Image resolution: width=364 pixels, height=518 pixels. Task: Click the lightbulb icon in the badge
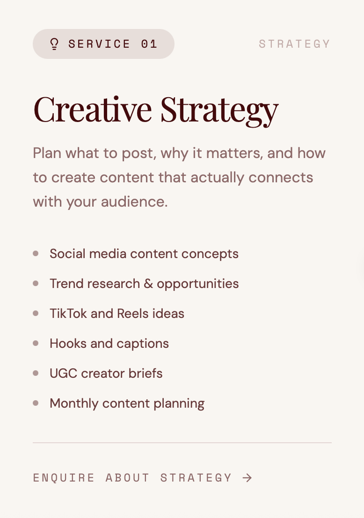54,44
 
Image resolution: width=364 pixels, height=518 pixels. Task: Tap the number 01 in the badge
149,44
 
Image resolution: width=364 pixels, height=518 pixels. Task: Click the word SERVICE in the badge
99,44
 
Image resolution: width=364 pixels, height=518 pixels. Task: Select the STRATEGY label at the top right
295,44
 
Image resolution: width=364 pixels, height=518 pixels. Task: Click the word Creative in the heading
93,109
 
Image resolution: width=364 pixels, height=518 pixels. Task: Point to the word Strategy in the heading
219,111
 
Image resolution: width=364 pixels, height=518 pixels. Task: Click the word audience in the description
134,201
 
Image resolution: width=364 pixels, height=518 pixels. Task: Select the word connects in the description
281,177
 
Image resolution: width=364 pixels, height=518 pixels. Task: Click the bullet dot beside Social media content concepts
36,253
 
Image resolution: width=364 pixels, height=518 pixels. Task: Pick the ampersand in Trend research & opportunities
148,284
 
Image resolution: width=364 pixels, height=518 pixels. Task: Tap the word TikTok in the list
68,314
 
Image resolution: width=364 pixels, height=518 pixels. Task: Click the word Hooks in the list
68,344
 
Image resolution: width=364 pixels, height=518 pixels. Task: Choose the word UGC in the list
64,373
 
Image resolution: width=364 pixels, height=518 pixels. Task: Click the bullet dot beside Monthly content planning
36,403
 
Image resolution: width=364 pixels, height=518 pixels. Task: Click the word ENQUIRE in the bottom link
64,478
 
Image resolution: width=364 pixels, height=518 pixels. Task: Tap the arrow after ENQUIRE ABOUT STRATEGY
248,478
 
